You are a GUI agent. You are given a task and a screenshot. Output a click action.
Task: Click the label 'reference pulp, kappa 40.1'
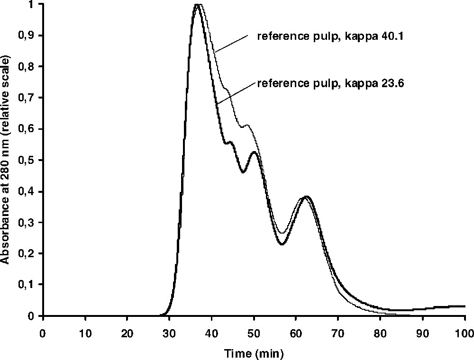click(x=330, y=36)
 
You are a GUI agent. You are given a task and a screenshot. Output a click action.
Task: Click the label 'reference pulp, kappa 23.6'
click(x=330, y=83)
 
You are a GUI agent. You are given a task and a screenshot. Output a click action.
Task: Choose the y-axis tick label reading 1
click(x=36, y=4)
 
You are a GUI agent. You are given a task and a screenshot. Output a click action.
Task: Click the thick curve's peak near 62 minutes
click(x=307, y=196)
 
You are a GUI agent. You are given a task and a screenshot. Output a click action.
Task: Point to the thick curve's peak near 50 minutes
click(x=255, y=152)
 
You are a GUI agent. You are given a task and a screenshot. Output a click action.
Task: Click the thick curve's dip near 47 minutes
click(x=243, y=172)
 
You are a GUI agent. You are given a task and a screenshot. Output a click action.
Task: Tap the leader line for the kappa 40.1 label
click(x=231, y=43)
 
